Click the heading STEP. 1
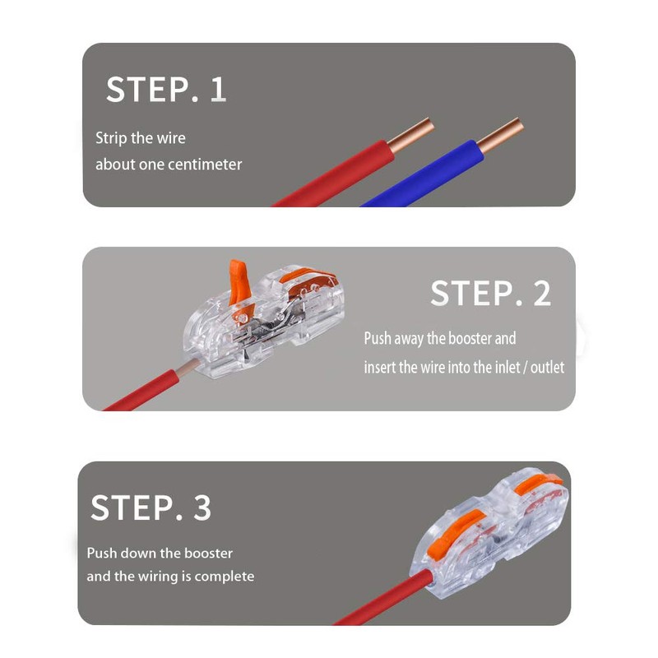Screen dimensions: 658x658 coord(165,89)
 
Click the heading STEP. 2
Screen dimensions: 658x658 coord(490,294)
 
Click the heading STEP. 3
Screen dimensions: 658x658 coord(151,507)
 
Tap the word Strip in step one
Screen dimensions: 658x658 coord(111,138)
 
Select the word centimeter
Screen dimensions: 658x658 coord(205,164)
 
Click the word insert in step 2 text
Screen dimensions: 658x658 coord(380,368)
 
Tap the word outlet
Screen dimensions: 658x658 coord(547,368)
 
